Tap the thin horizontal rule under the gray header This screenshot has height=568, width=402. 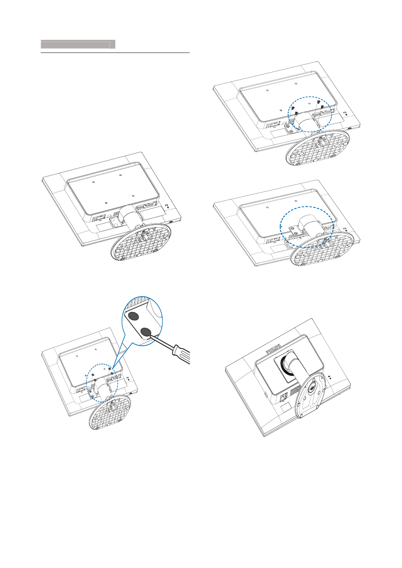coord(115,53)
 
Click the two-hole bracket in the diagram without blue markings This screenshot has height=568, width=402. coord(115,221)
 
